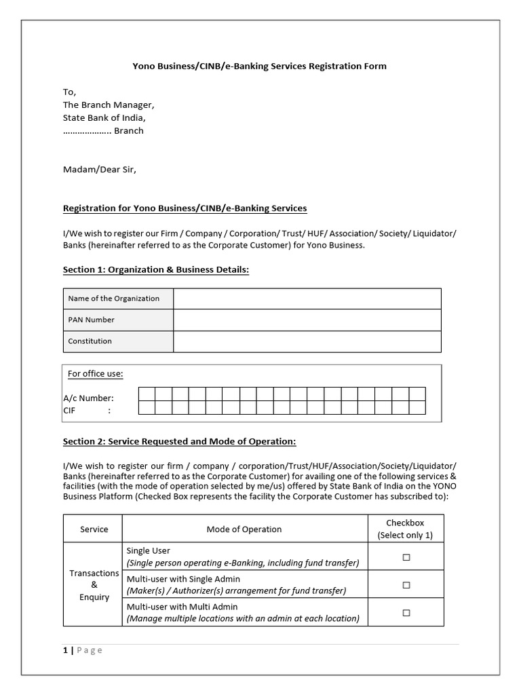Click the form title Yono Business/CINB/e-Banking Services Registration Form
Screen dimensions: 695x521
pyautogui.click(x=258, y=66)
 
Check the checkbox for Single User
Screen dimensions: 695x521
pyautogui.click(x=406, y=557)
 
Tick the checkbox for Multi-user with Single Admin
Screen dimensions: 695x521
pyautogui.click(x=406, y=585)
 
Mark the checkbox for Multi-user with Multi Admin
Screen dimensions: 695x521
pyautogui.click(x=406, y=613)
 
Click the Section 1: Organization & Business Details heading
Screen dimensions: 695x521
pyautogui.click(x=156, y=270)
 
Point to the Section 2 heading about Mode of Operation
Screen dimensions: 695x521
pyautogui.click(x=179, y=442)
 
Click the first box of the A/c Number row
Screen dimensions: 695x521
pyautogui.click(x=147, y=394)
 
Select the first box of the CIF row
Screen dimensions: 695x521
pyautogui.click(x=147, y=407)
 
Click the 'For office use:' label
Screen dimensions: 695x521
pyautogui.click(x=95, y=374)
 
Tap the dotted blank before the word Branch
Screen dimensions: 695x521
pyautogui.click(x=87, y=131)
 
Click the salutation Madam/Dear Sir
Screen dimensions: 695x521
pyautogui.click(x=100, y=170)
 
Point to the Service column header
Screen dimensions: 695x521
pyautogui.click(x=94, y=529)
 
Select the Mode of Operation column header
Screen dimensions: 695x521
pyautogui.click(x=244, y=529)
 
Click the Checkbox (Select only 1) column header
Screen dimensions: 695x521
pyautogui.click(x=406, y=529)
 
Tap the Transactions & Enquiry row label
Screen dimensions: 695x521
pyautogui.click(x=94, y=585)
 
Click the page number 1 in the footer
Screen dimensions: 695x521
pyautogui.click(x=65, y=650)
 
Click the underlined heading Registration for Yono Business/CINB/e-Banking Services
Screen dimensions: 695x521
pyautogui.click(x=185, y=208)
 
